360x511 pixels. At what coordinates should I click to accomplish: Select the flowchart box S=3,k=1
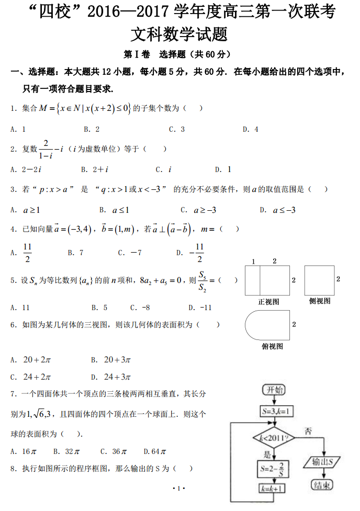[276, 411]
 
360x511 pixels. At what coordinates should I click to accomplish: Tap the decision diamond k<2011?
[274, 437]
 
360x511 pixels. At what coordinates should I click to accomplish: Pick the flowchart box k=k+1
[274, 489]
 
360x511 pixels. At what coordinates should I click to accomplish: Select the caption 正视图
[268, 302]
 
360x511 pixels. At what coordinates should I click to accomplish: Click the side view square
[319, 280]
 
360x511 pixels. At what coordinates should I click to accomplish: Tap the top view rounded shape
[267, 325]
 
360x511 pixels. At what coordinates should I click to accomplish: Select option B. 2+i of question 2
[95, 169]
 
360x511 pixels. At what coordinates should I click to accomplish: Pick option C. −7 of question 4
[130, 253]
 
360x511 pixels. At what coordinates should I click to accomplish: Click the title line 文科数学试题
[179, 35]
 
